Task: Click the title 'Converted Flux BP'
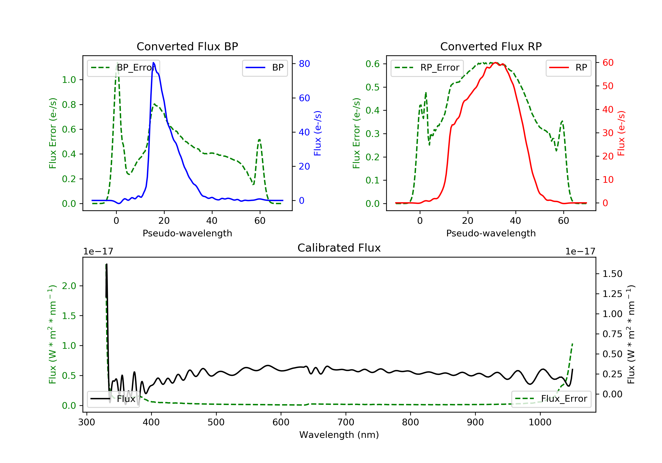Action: pyautogui.click(x=187, y=46)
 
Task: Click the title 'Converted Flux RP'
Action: pyautogui.click(x=491, y=46)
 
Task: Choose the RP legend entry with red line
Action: pyautogui.click(x=568, y=68)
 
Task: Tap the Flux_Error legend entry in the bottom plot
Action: pyautogui.click(x=551, y=399)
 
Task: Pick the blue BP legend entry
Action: pyautogui.click(x=265, y=68)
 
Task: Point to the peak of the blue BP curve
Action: pyautogui.click(x=154, y=63)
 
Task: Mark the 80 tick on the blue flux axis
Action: pyautogui.click(x=304, y=64)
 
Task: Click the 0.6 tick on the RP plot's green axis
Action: pyautogui.click(x=372, y=64)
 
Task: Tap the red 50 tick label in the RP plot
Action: pyautogui.click(x=608, y=86)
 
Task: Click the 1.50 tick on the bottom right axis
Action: pyautogui.click(x=612, y=274)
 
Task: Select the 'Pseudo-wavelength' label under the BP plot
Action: pyautogui.click(x=187, y=233)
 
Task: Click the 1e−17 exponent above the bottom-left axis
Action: pyautogui.click(x=98, y=252)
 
